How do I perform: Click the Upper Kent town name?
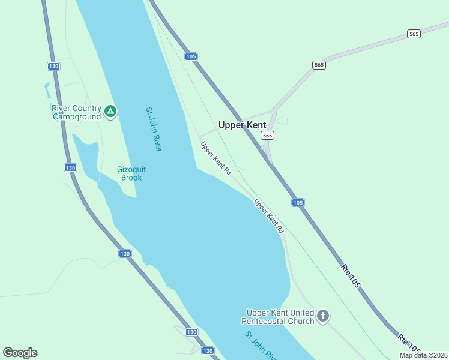[x=242, y=125]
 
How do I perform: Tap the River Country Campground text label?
[x=76, y=112]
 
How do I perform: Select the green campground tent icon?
[x=110, y=111]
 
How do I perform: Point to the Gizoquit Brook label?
[x=131, y=173]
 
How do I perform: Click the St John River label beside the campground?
[x=154, y=129]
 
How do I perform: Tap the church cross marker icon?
[x=323, y=316]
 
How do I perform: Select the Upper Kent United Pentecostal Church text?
[x=280, y=317]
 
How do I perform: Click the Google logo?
[x=20, y=353]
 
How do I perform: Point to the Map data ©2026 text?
[x=423, y=355]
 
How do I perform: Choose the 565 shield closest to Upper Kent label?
[x=267, y=136]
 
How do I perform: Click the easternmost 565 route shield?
[x=414, y=34]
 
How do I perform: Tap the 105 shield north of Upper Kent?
[x=191, y=56]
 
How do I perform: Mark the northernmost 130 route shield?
[x=53, y=65]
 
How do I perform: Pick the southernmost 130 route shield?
[x=208, y=350]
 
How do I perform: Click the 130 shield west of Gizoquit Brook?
[x=70, y=168]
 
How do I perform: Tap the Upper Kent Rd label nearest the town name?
[x=216, y=158]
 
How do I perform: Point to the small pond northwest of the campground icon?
[x=47, y=90]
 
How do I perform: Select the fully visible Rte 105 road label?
[x=351, y=276]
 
